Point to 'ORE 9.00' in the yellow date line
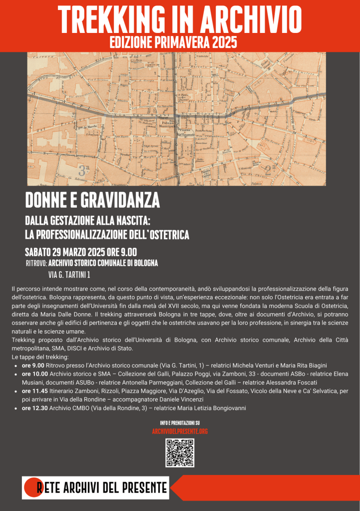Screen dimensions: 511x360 pos(119,252)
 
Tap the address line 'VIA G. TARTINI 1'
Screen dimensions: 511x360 pos(69,274)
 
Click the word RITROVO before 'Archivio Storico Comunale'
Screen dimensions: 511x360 pos(35,263)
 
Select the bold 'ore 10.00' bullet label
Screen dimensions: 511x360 pos(35,374)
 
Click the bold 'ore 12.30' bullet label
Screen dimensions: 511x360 pos(35,408)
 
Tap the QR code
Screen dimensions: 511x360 pos(180,453)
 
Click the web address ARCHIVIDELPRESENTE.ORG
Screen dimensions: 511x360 pos(180,431)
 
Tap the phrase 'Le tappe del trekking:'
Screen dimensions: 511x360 pos(40,357)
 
